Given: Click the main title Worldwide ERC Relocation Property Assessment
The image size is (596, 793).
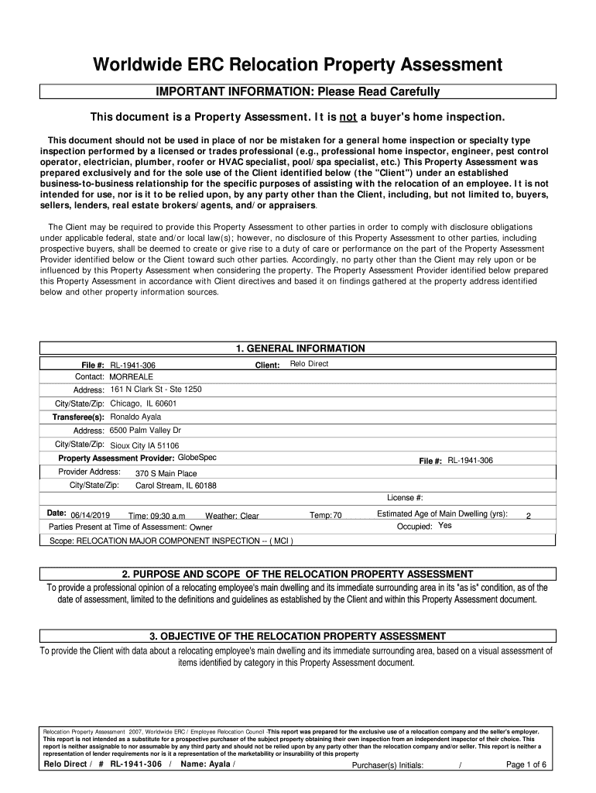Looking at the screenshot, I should click(x=298, y=65).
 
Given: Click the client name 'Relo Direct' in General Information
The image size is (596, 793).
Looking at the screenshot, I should click(x=309, y=363).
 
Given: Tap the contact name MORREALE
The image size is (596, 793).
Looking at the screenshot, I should click(x=132, y=376).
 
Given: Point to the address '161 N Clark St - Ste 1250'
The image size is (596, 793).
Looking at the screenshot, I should click(x=156, y=390).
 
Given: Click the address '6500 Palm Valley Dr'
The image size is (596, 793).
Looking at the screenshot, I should click(x=146, y=431).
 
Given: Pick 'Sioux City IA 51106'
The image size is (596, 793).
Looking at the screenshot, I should click(x=145, y=445).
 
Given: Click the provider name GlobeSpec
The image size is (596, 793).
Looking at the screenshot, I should click(x=197, y=458).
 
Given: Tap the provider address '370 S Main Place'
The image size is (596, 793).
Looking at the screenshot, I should click(x=166, y=473).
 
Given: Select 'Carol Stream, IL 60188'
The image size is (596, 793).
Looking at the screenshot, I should click(x=176, y=486).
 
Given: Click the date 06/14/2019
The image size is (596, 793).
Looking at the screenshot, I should click(x=90, y=516).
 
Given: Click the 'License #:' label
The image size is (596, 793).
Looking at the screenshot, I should click(x=405, y=498).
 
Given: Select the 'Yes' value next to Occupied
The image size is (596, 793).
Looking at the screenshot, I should click(x=445, y=526).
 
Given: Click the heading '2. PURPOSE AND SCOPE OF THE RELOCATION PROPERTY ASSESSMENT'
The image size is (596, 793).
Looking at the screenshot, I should click(x=298, y=574).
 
